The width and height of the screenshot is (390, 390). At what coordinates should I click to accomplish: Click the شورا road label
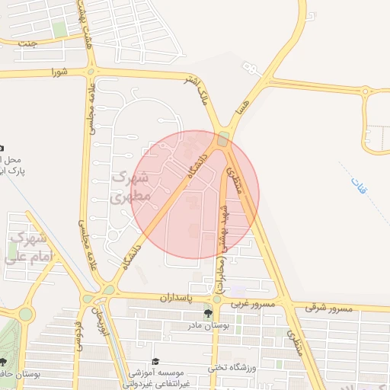pyautogui.click(x=59, y=72)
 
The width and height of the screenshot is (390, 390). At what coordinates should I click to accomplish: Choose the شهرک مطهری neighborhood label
pyautogui.click(x=130, y=186)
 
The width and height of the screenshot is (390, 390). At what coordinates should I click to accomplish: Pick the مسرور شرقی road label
pyautogui.click(x=330, y=307)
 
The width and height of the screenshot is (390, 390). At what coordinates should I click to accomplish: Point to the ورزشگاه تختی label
pyautogui.click(x=235, y=369)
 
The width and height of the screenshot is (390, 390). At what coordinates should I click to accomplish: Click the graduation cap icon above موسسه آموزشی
pyautogui.click(x=156, y=361)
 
